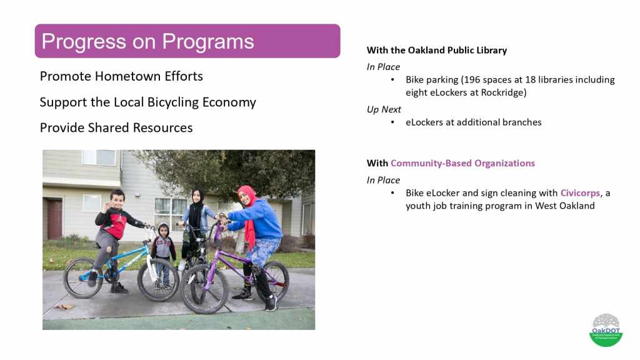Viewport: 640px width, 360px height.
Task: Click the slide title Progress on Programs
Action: tap(147, 41)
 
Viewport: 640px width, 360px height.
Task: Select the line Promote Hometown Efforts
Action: tap(121, 76)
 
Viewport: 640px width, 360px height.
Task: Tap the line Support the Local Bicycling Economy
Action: tap(147, 102)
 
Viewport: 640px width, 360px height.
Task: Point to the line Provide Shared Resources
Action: tap(116, 127)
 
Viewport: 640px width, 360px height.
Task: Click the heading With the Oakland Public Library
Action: tap(437, 50)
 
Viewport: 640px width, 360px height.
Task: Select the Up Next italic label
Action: tap(384, 109)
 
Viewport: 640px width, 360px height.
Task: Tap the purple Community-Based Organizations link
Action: tap(463, 163)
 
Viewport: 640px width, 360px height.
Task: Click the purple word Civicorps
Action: tap(580, 193)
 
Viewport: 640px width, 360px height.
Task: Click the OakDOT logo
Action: tap(606, 330)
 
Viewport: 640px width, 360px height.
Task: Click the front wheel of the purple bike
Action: tap(204, 289)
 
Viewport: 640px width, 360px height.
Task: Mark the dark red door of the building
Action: tap(54, 219)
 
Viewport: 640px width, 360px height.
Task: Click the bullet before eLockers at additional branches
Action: tap(392, 122)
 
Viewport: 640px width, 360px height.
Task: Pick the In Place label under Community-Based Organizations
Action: tap(383, 180)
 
